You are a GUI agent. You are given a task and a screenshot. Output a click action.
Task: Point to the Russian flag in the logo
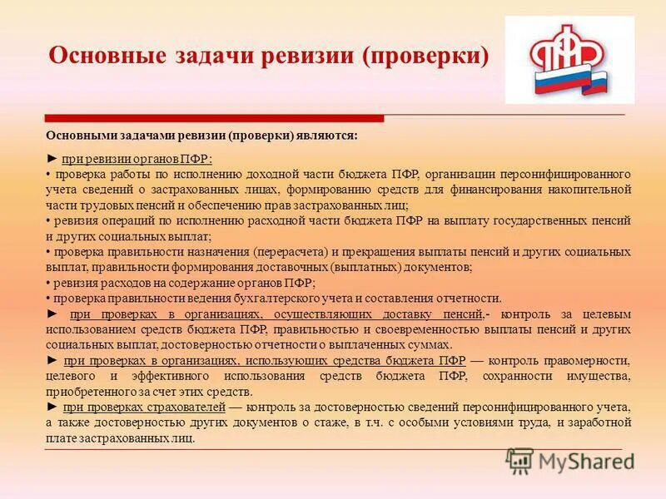tap(570, 82)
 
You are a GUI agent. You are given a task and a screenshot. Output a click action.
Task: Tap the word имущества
tap(595, 376)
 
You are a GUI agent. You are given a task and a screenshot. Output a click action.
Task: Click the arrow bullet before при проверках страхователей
tap(52, 408)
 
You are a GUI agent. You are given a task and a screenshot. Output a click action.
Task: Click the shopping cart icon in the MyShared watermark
tap(519, 461)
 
